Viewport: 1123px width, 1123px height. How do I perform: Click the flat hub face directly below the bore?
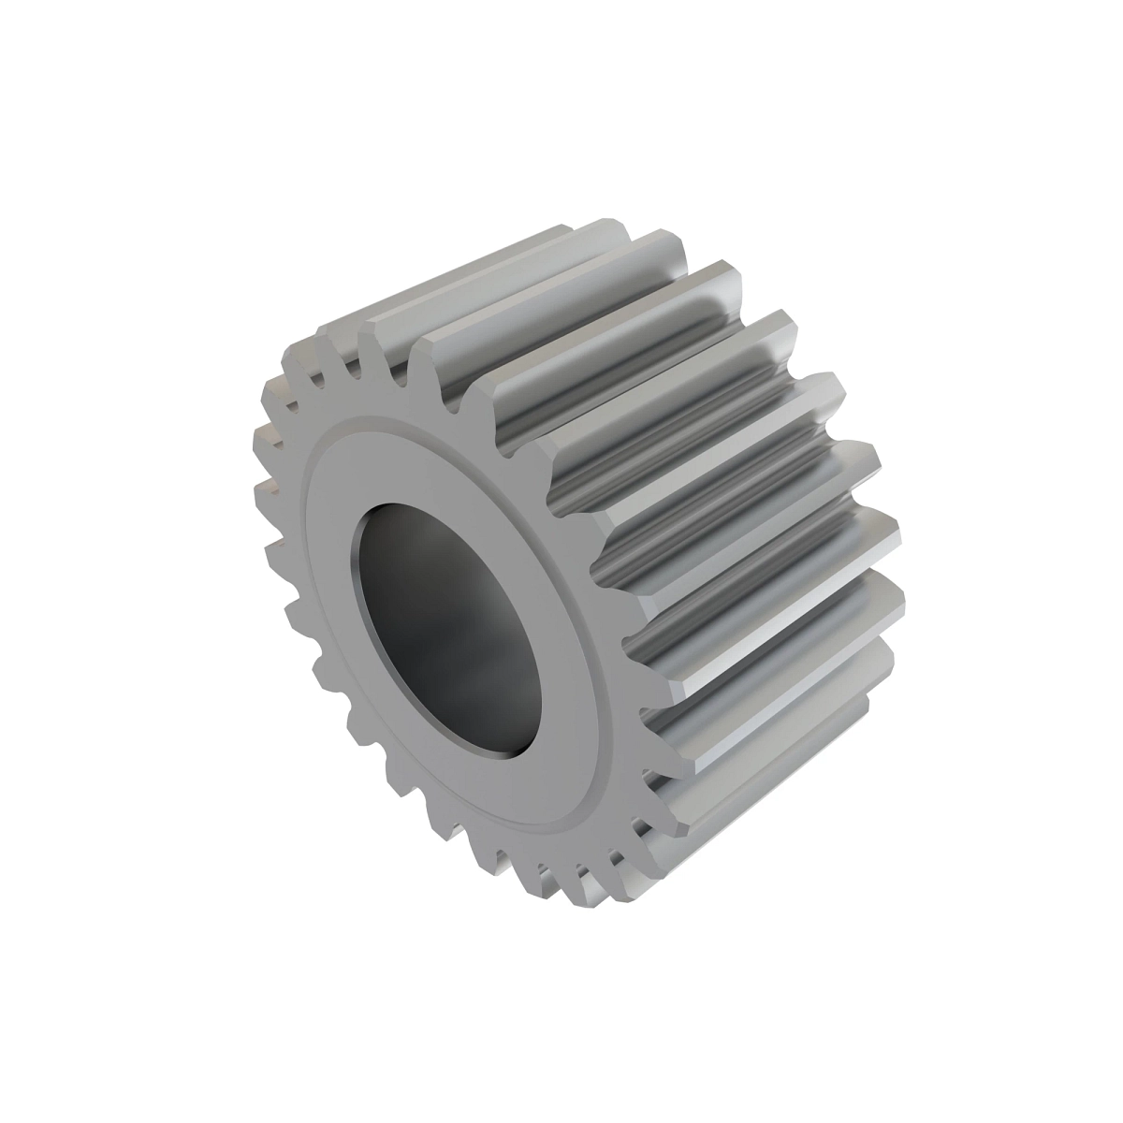(524, 795)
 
